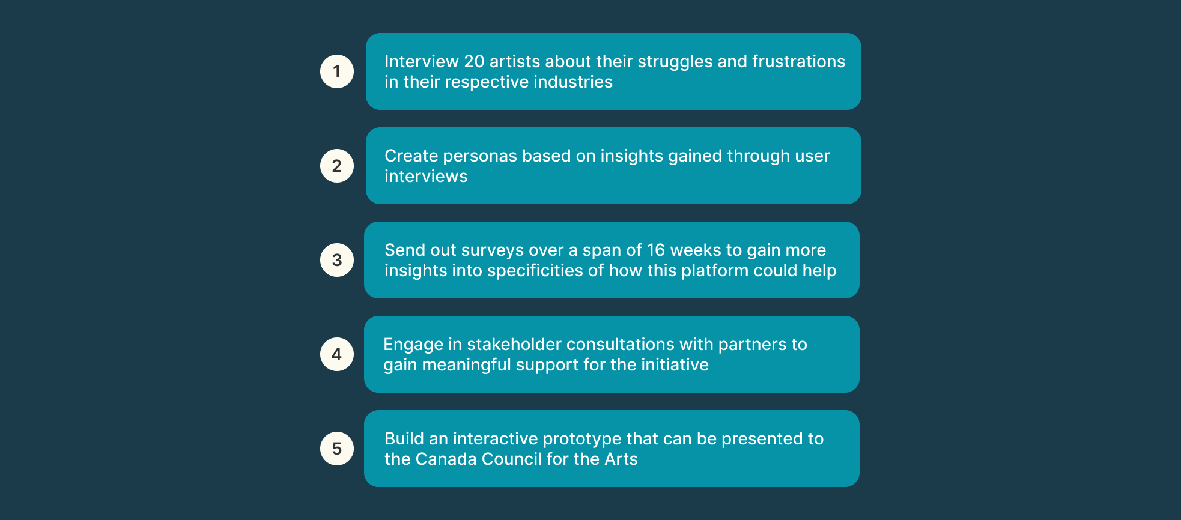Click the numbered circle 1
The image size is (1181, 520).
click(x=337, y=71)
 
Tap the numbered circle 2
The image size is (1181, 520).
click(x=337, y=166)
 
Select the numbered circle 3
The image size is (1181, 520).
click(x=337, y=260)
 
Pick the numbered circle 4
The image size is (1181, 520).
click(x=337, y=354)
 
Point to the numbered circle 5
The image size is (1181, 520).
click(x=337, y=449)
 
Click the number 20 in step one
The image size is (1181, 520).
click(x=474, y=61)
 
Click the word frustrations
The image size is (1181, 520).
click(x=798, y=61)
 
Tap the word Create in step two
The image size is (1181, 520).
click(x=411, y=156)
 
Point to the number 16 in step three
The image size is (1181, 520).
click(x=656, y=250)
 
